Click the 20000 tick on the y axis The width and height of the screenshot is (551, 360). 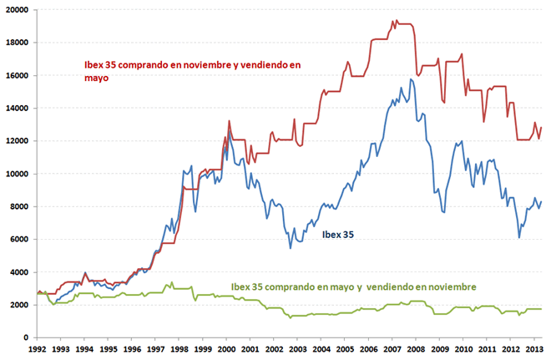tap(15, 10)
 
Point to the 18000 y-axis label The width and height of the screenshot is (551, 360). tap(15, 43)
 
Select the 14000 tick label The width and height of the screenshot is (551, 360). tap(15, 109)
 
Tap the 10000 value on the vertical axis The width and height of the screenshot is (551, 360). tap(15, 174)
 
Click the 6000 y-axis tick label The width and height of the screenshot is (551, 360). tap(18, 240)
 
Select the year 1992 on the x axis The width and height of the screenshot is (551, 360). tap(36, 351)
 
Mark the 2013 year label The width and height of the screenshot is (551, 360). tap(527, 351)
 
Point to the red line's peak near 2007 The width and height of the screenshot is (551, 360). tap(394, 21)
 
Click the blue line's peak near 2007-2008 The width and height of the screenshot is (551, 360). tap(411, 79)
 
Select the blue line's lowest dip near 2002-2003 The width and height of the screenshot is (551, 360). tap(291, 247)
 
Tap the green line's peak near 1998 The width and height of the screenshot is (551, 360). tap(172, 282)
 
